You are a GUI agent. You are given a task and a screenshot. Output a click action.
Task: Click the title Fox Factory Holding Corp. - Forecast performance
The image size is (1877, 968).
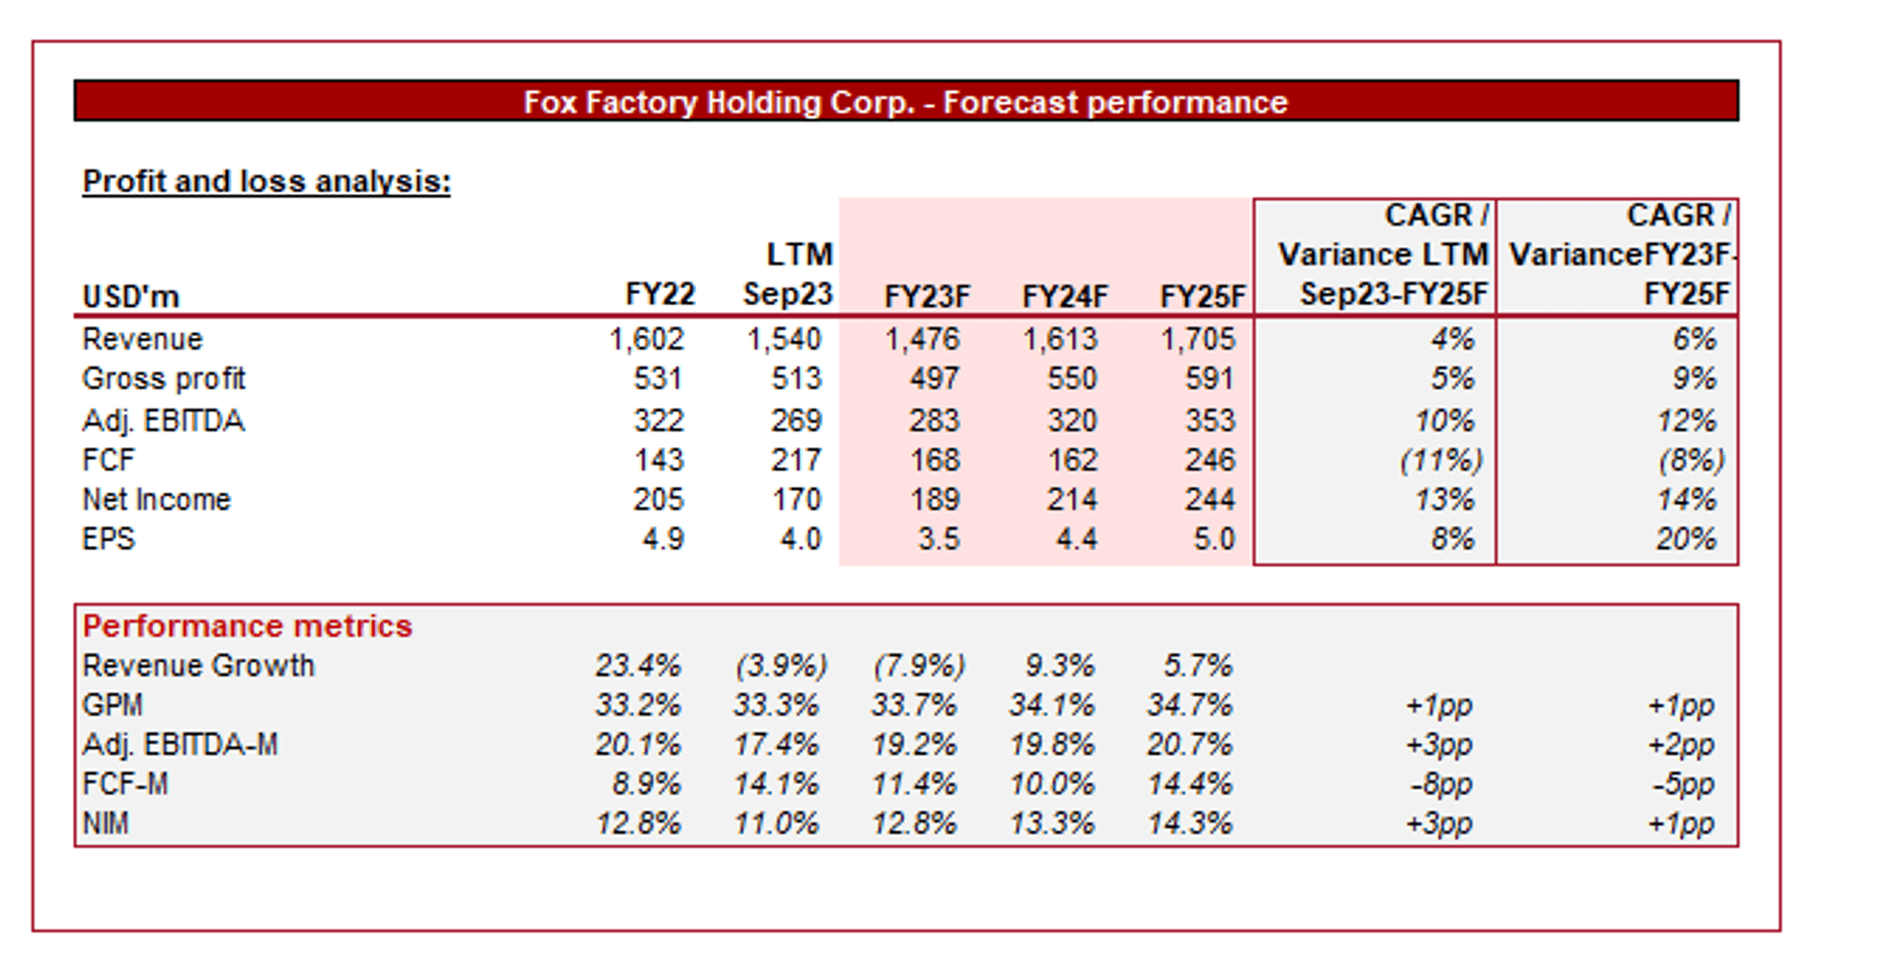[x=905, y=101]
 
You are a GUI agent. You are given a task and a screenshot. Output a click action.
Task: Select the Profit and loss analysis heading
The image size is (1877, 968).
[x=267, y=181]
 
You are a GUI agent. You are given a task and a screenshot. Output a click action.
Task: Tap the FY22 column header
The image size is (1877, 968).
[x=660, y=295]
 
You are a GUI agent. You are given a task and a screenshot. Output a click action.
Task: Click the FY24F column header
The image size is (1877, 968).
[x=1064, y=297]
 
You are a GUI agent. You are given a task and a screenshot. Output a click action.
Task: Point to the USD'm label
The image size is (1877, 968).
[x=130, y=297]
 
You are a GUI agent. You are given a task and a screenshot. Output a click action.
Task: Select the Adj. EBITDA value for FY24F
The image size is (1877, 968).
[x=1072, y=420]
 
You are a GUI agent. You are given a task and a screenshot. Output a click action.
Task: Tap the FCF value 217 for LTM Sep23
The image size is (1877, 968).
[x=796, y=460]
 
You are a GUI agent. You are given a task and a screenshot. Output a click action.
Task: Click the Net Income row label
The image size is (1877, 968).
[x=156, y=499]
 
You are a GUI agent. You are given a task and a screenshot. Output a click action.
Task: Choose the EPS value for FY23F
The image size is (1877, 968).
[x=938, y=539]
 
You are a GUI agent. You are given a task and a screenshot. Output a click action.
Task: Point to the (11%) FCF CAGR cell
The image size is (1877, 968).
[x=1441, y=460]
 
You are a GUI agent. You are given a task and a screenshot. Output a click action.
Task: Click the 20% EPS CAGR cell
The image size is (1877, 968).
[x=1686, y=539]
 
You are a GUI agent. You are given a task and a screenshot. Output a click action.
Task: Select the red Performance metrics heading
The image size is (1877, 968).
[x=248, y=626]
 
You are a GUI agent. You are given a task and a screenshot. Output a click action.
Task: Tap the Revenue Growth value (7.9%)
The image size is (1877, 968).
[x=918, y=666]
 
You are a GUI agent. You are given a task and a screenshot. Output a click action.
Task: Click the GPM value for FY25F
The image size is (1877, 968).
[x=1189, y=705]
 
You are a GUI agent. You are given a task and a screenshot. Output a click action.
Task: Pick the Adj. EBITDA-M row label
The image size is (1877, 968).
[x=180, y=745]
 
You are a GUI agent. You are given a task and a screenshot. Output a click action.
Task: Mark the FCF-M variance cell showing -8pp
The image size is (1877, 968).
[x=1441, y=784]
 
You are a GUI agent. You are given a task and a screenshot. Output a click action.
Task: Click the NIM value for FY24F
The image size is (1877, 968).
[x=1051, y=823]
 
